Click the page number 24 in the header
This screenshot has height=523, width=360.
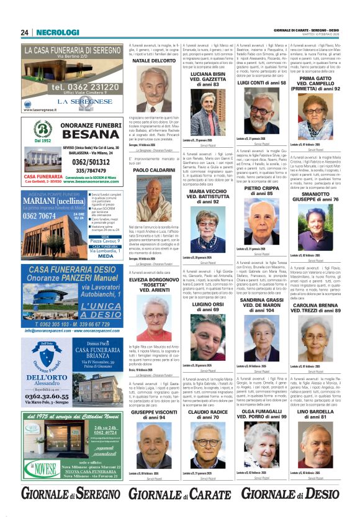pyautogui.click(x=25, y=32)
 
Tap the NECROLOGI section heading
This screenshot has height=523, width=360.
pyautogui.click(x=58, y=32)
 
